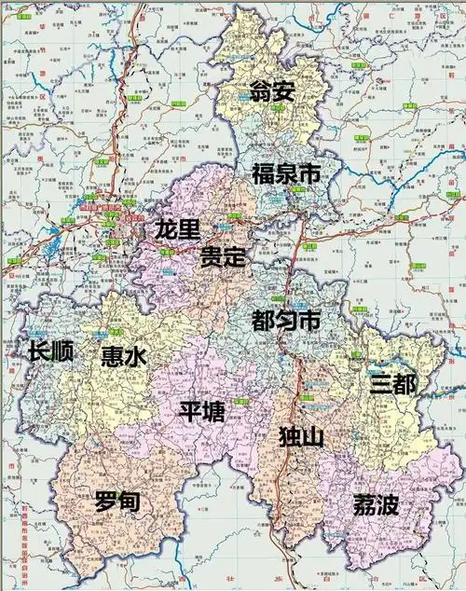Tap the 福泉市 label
[286, 173]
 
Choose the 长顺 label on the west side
[50, 352]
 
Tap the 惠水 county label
[123, 357]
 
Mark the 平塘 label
[201, 411]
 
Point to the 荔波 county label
[375, 506]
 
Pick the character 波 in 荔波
[388, 506]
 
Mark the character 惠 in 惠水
[111, 357]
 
